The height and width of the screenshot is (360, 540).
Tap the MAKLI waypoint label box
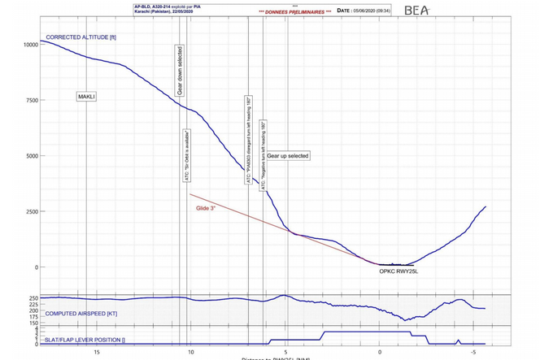pos(86,97)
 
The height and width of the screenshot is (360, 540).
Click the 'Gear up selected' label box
pos(289,155)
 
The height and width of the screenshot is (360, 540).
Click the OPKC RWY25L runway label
pos(399,272)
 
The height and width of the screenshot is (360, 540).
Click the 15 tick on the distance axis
pos(97,353)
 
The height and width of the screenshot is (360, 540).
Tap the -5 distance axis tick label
pos(472,353)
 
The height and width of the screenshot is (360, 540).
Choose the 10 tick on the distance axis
pos(191,353)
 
